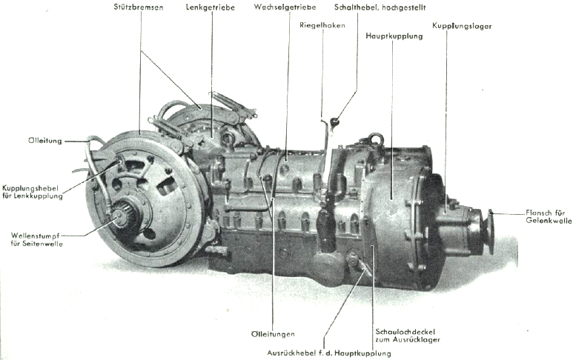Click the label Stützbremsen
pos(139,7)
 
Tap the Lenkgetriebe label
pos(211,7)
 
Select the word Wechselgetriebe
pos(285,7)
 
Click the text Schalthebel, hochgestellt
pos(369,7)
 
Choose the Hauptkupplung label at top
pos(394,35)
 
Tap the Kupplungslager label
pos(462,26)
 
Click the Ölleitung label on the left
pos(45,140)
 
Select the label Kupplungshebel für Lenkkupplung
pos(32,192)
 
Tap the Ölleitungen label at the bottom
pos(273,334)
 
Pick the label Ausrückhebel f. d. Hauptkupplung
pos(328,352)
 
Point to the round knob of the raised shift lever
pos(334,121)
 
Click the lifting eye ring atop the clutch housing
pos(375,139)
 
